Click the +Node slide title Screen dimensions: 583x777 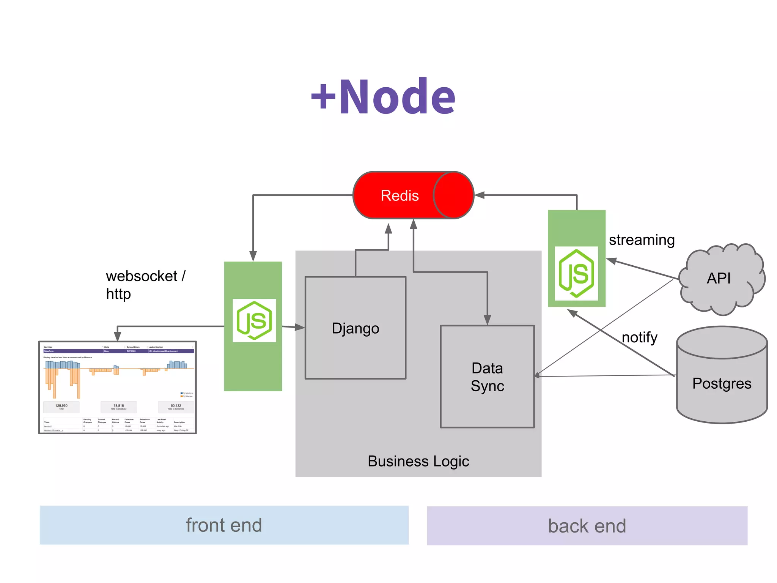(383, 96)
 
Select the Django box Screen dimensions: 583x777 (355, 328)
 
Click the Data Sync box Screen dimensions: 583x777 (487, 377)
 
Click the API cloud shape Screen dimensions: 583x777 (719, 279)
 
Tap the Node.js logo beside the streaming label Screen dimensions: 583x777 (576, 273)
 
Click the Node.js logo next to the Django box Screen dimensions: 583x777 (254, 321)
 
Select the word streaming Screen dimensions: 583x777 (642, 240)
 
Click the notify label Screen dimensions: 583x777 (639, 337)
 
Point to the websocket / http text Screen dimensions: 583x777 (145, 285)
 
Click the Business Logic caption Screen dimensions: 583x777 (418, 461)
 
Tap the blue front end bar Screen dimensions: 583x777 (224, 525)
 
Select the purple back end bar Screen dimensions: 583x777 (587, 526)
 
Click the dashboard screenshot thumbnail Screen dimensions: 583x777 (118, 387)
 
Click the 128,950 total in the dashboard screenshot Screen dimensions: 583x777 (61, 406)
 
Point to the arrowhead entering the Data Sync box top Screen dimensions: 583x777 (488, 320)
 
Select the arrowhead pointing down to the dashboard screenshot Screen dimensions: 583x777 (118, 336)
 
